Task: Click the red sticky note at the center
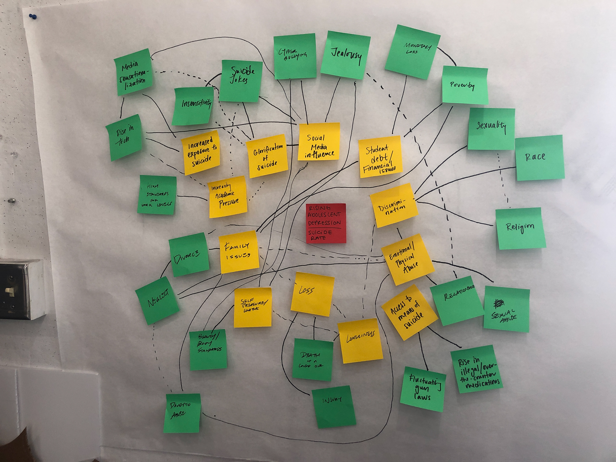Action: point(326,223)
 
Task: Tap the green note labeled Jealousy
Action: point(345,55)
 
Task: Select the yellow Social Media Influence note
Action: point(319,142)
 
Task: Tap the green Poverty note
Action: point(465,85)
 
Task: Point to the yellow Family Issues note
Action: point(239,252)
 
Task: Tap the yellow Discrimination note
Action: point(394,205)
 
